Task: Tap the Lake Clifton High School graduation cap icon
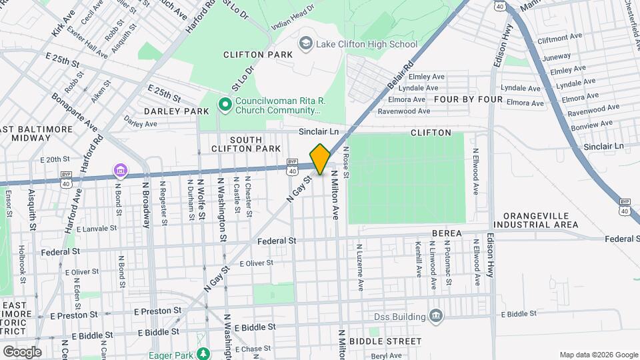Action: click(x=306, y=44)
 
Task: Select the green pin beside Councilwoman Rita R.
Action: click(x=225, y=105)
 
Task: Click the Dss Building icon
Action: click(x=436, y=315)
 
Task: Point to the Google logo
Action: click(x=22, y=351)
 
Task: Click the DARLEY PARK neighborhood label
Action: click(x=167, y=111)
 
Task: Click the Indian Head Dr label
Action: click(x=292, y=20)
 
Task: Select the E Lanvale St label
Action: click(x=97, y=228)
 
